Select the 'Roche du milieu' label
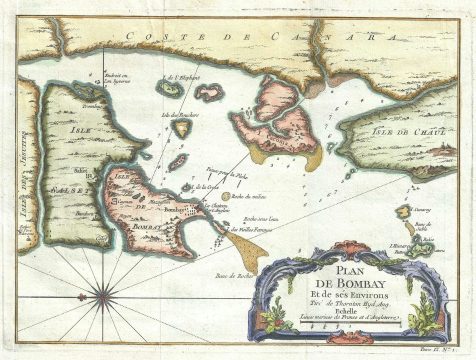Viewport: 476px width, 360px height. [244, 197]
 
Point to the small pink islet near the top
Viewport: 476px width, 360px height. [209, 93]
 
